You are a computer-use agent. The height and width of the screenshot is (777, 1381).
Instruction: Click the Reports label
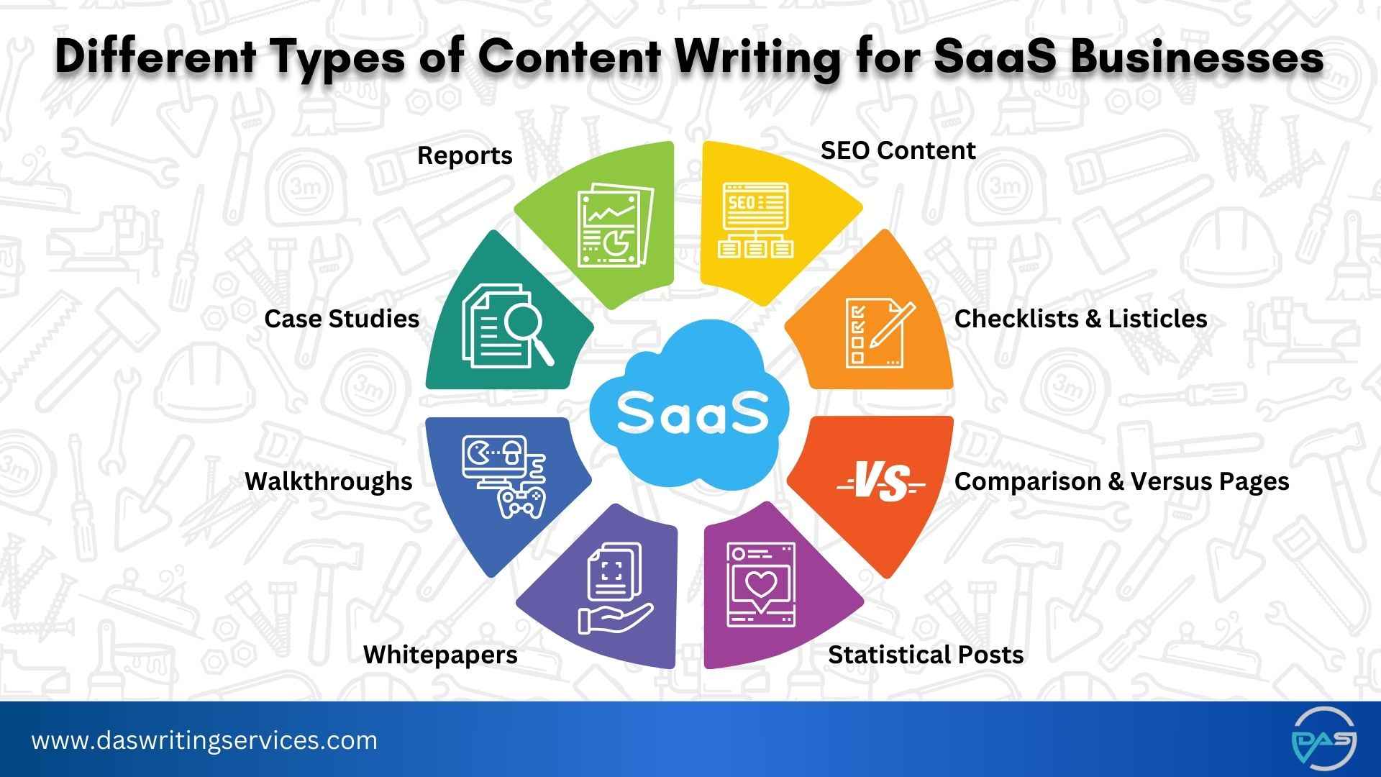[465, 155]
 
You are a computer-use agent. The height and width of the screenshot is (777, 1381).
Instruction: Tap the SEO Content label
[898, 150]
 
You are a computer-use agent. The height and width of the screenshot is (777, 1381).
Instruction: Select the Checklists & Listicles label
[1080, 319]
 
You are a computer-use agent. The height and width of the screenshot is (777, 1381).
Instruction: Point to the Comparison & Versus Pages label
[1121, 481]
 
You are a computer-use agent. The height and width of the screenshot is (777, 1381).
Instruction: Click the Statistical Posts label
[926, 655]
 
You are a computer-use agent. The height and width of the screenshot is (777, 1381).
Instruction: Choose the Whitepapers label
[440, 655]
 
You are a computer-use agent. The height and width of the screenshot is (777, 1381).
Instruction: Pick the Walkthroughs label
[329, 481]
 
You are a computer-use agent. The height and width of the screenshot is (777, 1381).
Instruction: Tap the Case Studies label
[342, 319]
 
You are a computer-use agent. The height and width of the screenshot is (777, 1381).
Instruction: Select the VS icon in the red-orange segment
[881, 482]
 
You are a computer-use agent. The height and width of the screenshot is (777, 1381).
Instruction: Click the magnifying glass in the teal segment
[529, 331]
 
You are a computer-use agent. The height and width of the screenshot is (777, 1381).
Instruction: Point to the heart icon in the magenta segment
[761, 586]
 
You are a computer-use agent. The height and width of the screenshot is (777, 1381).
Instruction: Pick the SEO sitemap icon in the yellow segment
[755, 219]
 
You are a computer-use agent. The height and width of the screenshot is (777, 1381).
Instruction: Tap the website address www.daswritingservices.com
[204, 740]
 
